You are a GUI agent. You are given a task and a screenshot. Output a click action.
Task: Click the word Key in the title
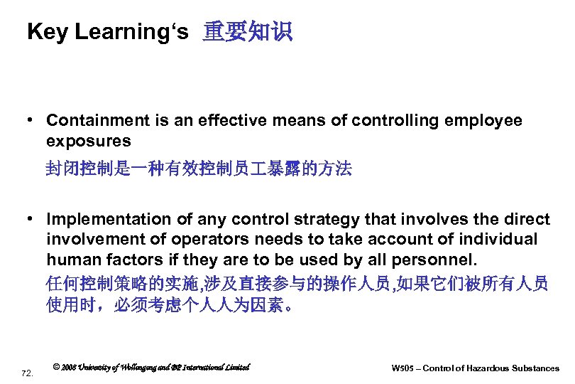point(46,32)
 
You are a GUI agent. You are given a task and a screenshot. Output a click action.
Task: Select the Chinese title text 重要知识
point(247,32)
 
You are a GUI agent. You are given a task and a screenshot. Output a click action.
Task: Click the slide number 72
point(28,373)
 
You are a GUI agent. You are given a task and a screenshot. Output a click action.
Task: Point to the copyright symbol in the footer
point(57,368)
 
